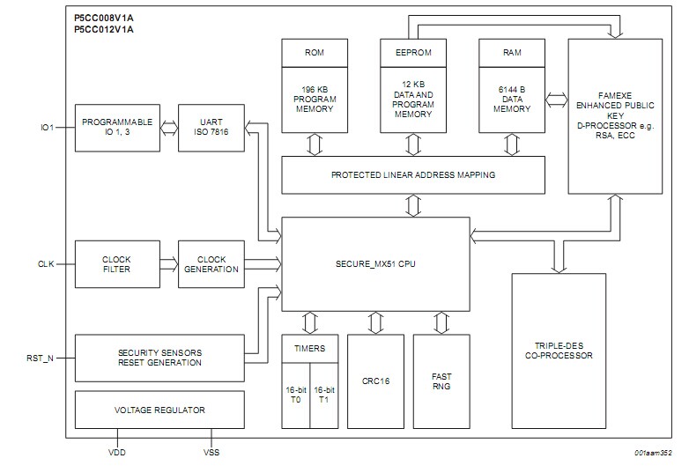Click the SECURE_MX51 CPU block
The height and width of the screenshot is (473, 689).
[375, 263]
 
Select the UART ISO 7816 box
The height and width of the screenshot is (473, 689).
[211, 127]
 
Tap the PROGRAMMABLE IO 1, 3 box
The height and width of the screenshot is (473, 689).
[116, 127]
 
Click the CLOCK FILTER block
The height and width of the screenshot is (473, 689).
[116, 264]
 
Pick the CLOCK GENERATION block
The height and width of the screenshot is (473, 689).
[211, 264]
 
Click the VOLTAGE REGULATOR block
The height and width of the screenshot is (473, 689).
[159, 410]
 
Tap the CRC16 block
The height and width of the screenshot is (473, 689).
[377, 381]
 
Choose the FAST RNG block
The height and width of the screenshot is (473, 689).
[441, 381]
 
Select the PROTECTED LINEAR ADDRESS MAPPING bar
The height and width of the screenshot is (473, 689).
[412, 174]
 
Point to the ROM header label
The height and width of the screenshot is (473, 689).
[315, 53]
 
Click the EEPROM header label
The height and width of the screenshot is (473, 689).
[412, 53]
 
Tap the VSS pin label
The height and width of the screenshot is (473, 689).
[211, 455]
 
